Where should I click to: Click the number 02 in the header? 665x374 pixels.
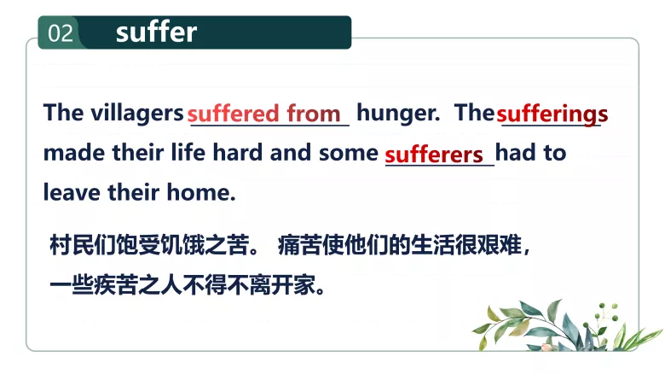coord(61,33)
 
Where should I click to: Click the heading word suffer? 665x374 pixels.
coord(156,32)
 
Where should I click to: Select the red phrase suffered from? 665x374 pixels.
coord(264,114)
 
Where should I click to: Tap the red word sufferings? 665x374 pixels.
coord(552,114)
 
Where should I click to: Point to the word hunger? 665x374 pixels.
coord(397,113)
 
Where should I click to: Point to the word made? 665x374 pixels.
coord(70,154)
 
